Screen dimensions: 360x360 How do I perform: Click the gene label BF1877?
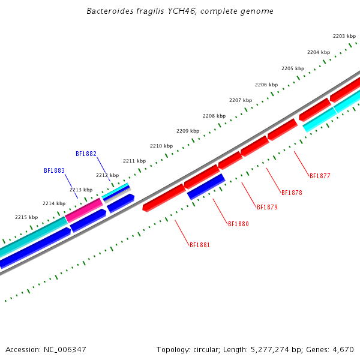320,176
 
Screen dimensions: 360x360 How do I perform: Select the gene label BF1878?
292,193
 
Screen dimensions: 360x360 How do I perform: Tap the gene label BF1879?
267,208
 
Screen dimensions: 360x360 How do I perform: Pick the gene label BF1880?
238,224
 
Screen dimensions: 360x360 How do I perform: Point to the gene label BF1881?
200,245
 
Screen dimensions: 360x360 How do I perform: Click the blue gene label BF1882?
86,154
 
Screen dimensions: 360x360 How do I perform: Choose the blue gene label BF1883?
54,170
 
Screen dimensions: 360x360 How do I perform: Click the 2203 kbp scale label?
344,37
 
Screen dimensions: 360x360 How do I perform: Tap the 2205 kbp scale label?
293,68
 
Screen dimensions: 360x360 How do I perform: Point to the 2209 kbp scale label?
188,131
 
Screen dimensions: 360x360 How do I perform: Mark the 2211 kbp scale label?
134,161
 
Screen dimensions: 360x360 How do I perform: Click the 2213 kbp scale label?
81,190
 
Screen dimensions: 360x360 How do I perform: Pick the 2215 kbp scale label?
26,217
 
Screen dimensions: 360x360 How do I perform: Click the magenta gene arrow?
84,210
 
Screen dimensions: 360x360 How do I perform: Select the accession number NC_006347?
64,349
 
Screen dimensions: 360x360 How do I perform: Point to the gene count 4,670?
342,349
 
